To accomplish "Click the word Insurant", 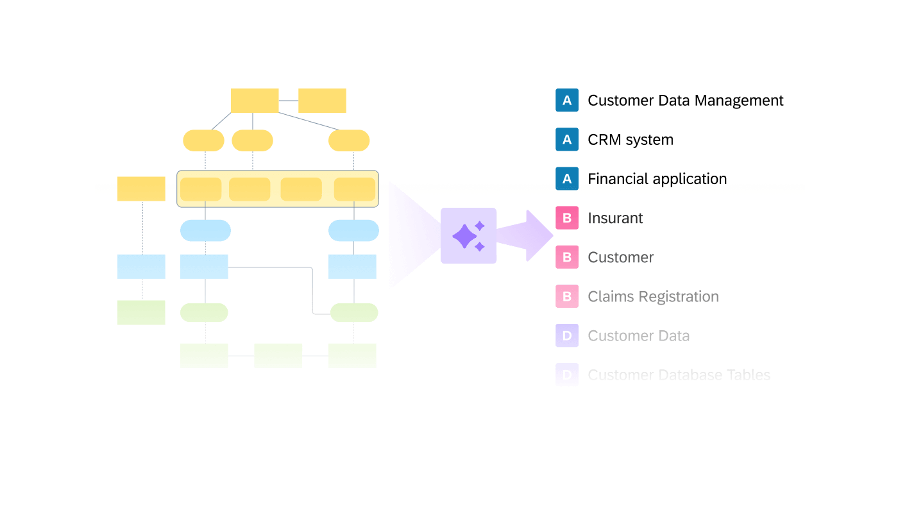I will pos(614,219).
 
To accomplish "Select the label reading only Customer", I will pos(620,258).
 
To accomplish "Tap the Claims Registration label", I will pos(653,297).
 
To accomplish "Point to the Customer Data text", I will pos(638,336).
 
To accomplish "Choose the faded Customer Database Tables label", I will pos(679,375).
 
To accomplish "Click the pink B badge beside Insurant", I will pos(567,219).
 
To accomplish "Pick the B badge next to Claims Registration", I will pos(567,297).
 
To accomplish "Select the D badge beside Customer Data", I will pos(567,336).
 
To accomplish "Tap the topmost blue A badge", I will pos(567,101).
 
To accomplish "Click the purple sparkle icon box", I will pos(468,236).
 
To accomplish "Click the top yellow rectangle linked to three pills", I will pos(255,101).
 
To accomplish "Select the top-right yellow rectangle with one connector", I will pos(322,101).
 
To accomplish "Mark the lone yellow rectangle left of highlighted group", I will pos(141,189).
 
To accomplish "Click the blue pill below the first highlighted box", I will pos(205,231).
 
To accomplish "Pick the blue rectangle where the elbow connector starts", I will pos(204,267).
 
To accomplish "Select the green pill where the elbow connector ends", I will pos(354,313).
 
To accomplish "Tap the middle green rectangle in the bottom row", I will pos(278,356).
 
